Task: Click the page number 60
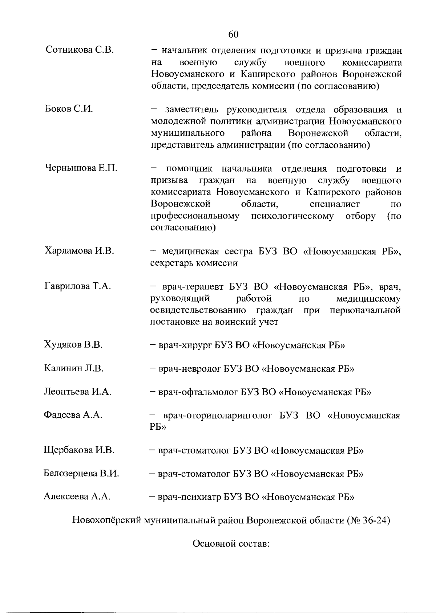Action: point(233,34)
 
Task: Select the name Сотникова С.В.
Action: point(80,50)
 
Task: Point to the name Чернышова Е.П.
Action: point(81,168)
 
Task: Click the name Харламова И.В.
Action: point(79,250)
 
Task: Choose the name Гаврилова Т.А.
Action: point(78,286)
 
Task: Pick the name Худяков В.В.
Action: point(73,345)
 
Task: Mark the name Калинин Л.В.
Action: point(74,369)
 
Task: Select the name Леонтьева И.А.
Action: point(77,392)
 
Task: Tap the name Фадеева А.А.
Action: point(73,415)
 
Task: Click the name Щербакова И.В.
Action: point(79,451)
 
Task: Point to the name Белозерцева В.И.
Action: point(81,474)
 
